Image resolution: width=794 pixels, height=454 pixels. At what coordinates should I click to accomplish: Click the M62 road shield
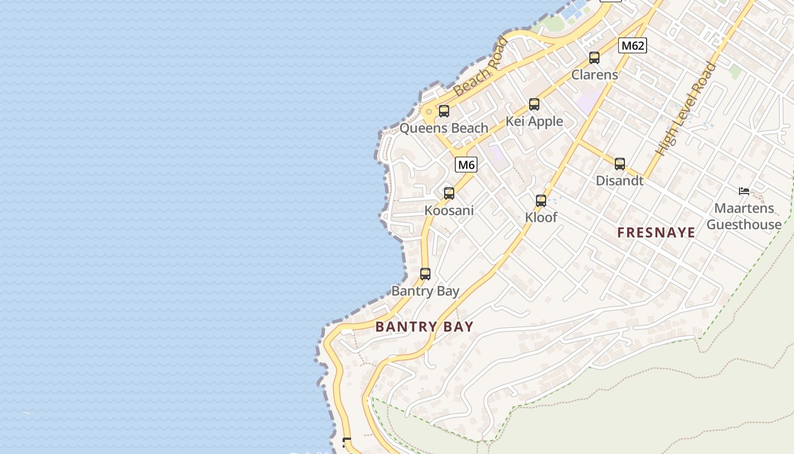point(632,45)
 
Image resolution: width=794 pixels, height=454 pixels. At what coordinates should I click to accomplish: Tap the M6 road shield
point(466,165)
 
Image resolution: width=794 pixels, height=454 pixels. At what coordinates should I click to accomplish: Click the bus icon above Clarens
point(594,58)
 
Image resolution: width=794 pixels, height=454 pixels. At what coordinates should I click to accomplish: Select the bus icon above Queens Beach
point(444,111)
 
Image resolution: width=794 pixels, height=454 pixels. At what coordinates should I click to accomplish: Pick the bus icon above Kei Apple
point(534,104)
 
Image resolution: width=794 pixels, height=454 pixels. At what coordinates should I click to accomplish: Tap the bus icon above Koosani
point(449,194)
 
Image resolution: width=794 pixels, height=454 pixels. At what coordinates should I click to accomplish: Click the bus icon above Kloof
point(540,201)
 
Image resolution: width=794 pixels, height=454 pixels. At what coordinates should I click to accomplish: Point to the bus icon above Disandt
point(620,164)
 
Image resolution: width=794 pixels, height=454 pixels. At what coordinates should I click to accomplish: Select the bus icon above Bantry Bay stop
point(425,274)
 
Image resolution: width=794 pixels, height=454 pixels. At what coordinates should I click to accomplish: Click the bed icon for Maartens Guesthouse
point(744,191)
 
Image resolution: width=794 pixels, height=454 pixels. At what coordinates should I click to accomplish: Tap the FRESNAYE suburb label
point(656,232)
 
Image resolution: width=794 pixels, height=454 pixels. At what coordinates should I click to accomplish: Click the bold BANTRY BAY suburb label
point(424,326)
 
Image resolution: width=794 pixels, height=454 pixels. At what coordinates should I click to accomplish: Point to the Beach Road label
point(480,66)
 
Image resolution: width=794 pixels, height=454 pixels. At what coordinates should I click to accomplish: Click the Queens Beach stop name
point(444,128)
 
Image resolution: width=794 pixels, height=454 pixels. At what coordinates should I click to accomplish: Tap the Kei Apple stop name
point(534,121)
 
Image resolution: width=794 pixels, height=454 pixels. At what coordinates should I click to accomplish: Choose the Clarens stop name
point(594,74)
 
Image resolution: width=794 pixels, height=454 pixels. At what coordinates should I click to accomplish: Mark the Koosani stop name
point(449,211)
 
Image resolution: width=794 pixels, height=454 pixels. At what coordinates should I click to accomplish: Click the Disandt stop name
point(619,180)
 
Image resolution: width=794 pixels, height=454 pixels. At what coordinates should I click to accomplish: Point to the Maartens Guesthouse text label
point(744,216)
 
